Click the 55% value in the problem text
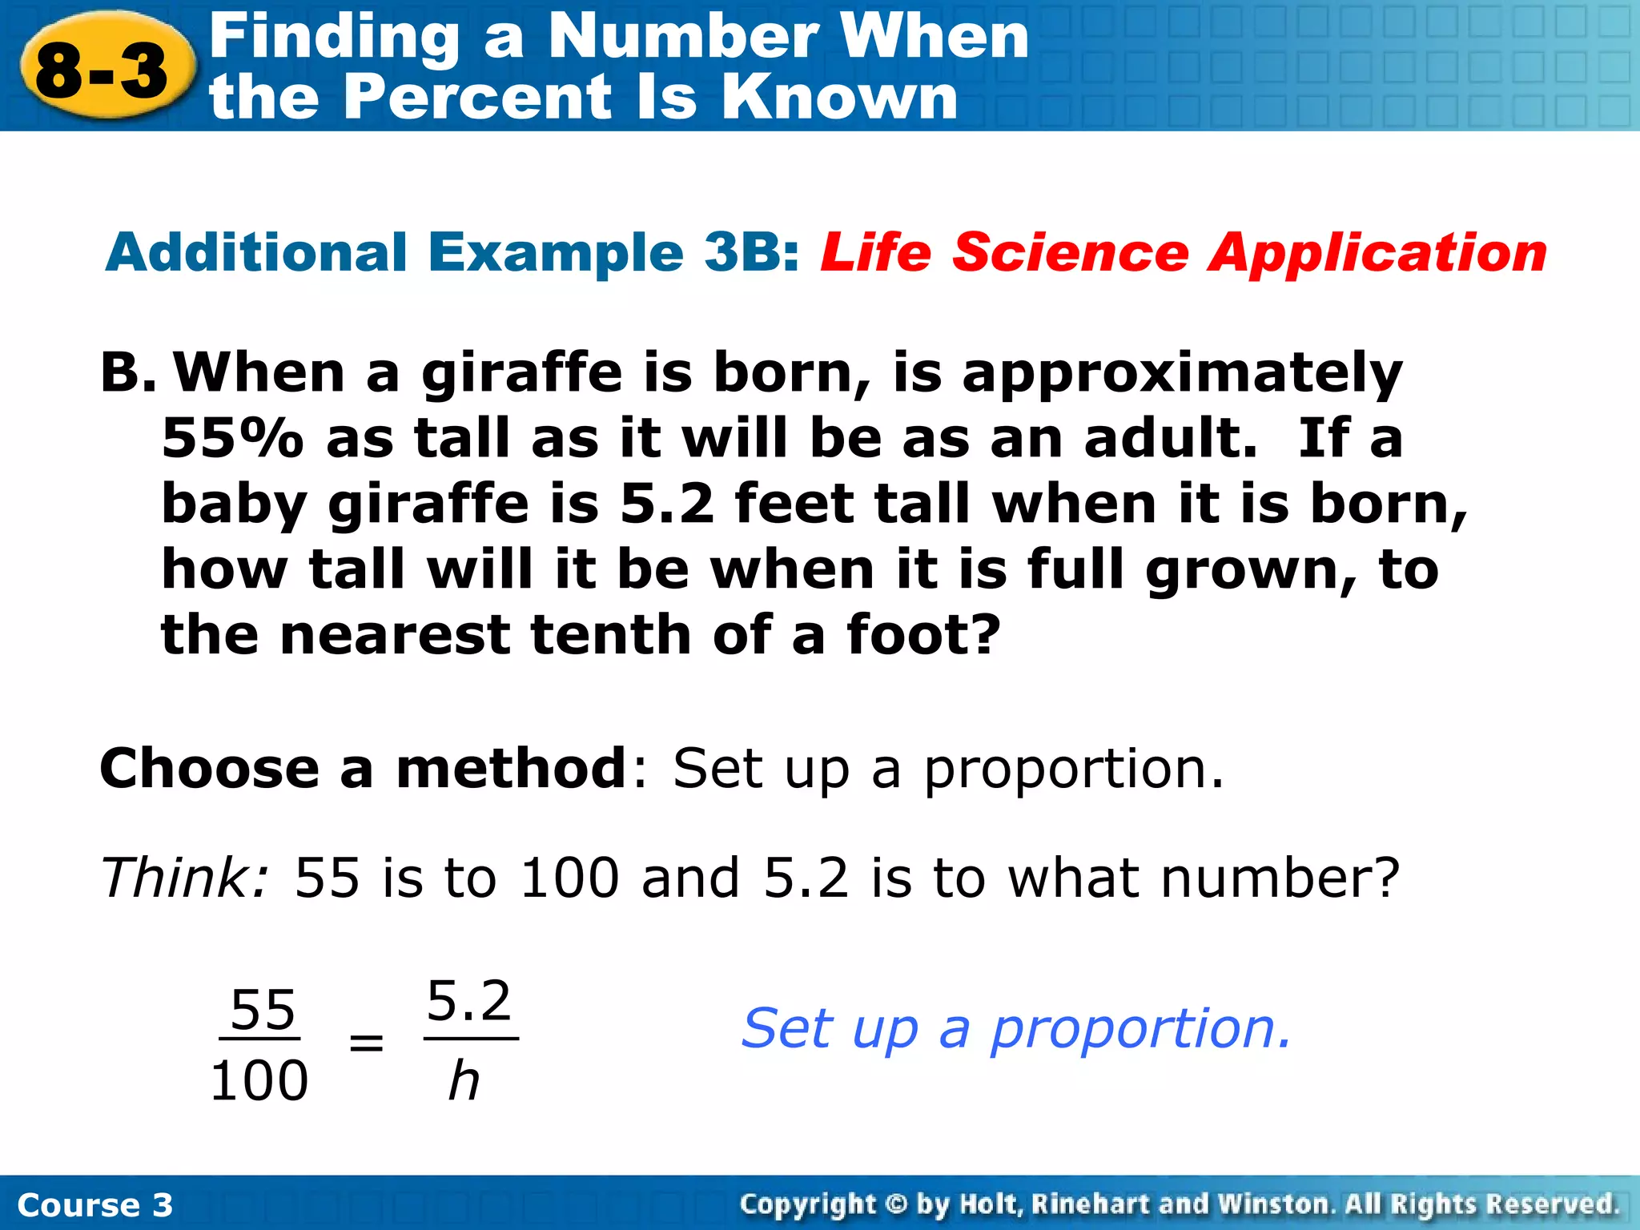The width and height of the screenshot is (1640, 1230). [232, 439]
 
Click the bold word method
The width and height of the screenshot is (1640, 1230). [511, 769]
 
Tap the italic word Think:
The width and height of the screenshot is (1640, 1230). [184, 878]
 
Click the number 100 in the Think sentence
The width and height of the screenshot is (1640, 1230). [569, 878]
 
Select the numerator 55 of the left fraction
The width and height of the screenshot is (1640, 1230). [262, 1011]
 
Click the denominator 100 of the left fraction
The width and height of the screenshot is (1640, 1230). [259, 1081]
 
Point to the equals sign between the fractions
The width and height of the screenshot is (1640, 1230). [366, 1043]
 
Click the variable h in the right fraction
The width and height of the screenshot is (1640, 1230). [464, 1081]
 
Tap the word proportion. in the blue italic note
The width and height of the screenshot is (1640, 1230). [1140, 1030]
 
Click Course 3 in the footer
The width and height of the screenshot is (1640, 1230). [94, 1205]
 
